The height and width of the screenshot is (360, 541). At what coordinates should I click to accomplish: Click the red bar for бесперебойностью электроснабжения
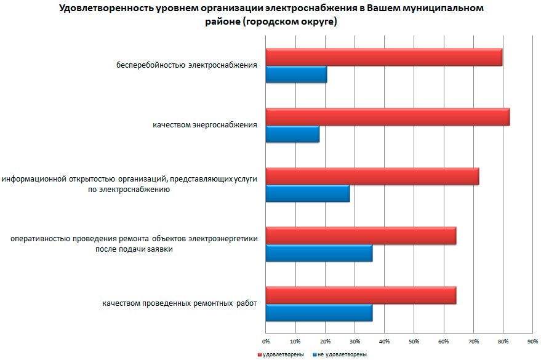tap(383, 57)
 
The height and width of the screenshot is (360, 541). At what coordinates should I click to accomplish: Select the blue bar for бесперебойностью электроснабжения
tap(296, 74)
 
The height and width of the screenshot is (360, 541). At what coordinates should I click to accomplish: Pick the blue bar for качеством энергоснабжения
tap(292, 134)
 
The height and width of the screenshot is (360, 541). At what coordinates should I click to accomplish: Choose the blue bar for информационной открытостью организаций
tap(307, 193)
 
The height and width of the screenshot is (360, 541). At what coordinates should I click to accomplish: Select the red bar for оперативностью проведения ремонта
tap(361, 236)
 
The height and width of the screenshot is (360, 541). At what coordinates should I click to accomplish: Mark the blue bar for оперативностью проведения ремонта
tap(319, 253)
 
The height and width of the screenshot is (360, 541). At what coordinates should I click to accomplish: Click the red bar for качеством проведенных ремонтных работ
tap(361, 295)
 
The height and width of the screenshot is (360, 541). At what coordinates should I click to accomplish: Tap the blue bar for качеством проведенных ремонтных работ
tap(319, 313)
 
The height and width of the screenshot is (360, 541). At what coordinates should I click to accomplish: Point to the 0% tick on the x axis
tap(266, 340)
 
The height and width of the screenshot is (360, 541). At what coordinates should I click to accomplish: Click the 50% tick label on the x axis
tap(414, 340)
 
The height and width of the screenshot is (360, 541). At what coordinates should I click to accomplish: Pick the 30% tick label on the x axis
tap(355, 340)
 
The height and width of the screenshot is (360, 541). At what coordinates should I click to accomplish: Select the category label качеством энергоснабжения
tap(204, 126)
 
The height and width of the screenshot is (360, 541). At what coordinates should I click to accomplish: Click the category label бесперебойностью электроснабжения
tap(187, 65)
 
